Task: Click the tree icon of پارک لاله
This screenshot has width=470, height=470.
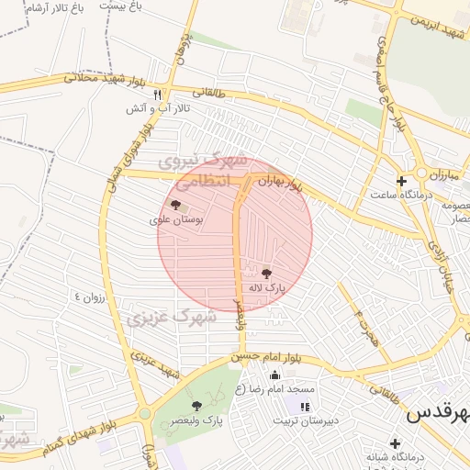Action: (x=266, y=273)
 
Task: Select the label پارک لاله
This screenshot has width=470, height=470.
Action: (x=265, y=287)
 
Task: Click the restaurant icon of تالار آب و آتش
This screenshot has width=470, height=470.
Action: (x=158, y=95)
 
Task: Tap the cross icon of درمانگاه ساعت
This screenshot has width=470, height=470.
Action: (x=401, y=180)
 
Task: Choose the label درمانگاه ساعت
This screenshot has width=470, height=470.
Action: (x=398, y=195)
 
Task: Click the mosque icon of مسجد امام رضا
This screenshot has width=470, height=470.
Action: (x=274, y=375)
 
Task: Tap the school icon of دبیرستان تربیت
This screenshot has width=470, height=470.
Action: (x=305, y=406)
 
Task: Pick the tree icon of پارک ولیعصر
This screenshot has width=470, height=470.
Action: (x=196, y=405)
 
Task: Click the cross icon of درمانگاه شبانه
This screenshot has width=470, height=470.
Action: (x=395, y=443)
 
